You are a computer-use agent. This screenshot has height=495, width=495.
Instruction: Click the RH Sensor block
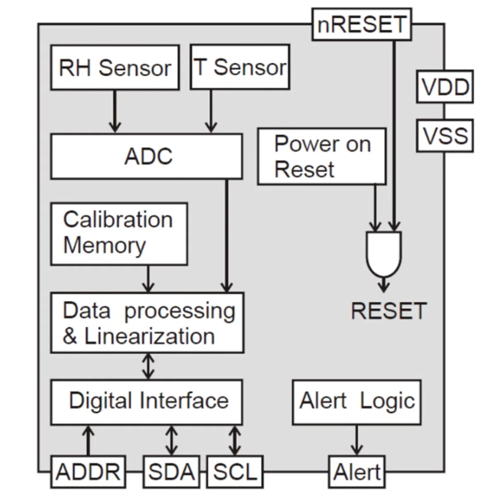(x=115, y=68)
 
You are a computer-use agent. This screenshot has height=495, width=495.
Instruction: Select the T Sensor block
(x=240, y=67)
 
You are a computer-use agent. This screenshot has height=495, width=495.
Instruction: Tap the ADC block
(x=146, y=156)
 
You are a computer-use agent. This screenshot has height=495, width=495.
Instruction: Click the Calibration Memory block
(x=119, y=233)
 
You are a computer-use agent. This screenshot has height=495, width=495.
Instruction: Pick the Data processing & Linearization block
(x=147, y=323)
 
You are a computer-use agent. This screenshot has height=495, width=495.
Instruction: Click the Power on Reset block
(x=322, y=156)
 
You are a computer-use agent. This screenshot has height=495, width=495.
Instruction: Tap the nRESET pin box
(x=361, y=24)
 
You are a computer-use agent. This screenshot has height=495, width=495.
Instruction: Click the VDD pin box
(x=445, y=87)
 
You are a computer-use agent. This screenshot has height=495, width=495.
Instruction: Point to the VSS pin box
(x=445, y=136)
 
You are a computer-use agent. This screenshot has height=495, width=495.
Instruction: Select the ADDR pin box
(x=88, y=471)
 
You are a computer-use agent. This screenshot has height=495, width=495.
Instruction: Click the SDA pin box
(x=171, y=471)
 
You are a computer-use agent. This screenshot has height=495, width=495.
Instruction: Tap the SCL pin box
(x=235, y=471)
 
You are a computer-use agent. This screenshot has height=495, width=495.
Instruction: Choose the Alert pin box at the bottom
(x=357, y=471)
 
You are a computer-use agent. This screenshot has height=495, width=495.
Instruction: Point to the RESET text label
(x=388, y=311)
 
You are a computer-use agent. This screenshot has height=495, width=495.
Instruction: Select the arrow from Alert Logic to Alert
(x=356, y=440)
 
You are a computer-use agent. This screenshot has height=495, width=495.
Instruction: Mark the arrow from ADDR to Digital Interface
(x=88, y=440)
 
